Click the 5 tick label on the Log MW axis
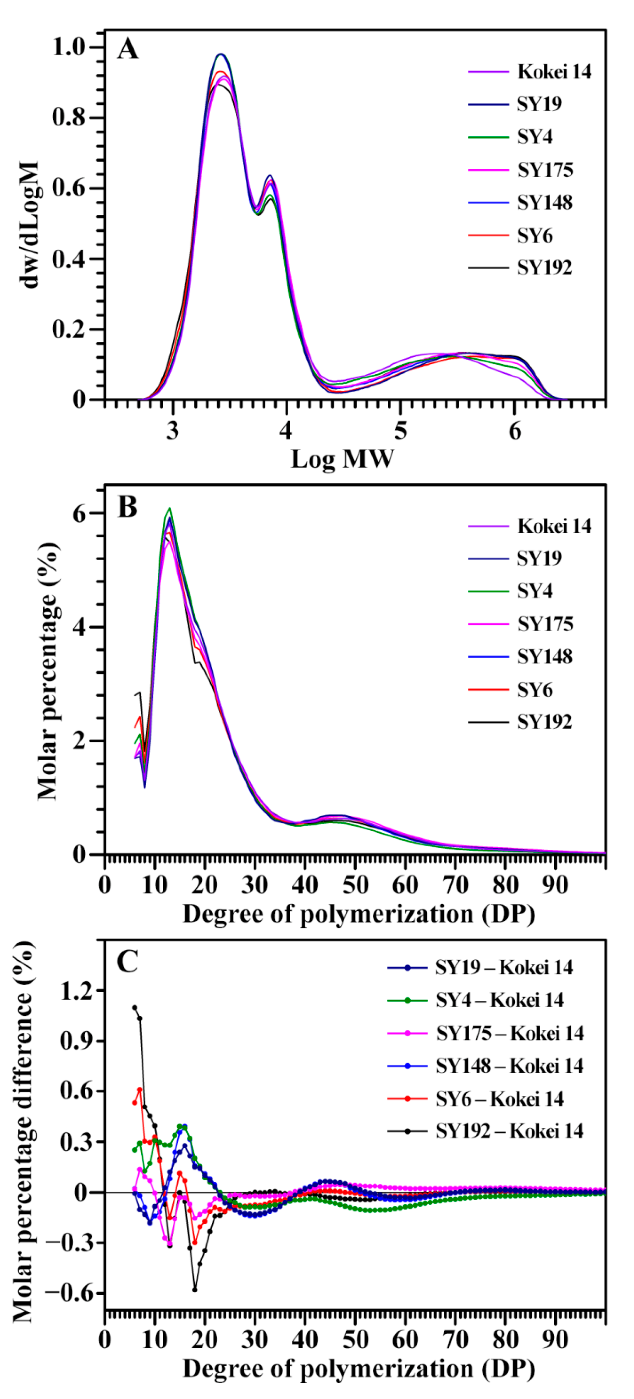[400, 431]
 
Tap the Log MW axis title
[342, 459]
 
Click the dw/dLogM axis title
[28, 224]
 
